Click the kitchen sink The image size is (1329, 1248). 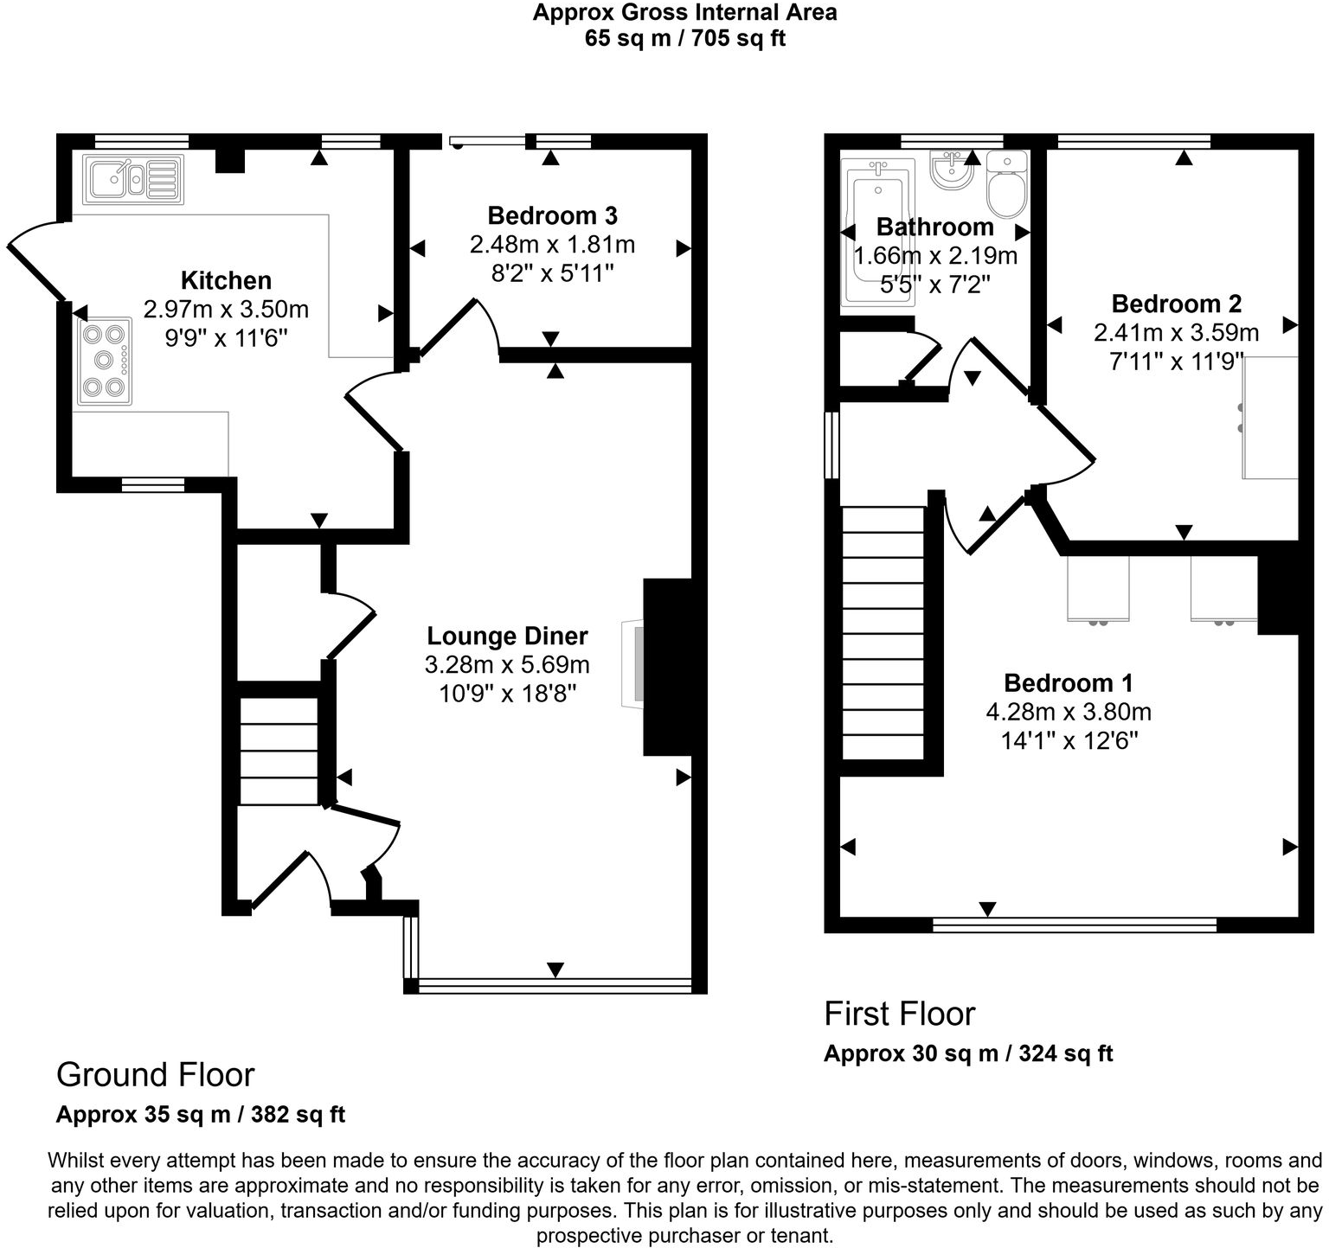(132, 179)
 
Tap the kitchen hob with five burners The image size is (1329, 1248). (105, 362)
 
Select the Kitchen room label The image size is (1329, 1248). (226, 280)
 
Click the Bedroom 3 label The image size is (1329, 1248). (552, 215)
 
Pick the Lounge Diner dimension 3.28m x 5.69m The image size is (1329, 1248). (507, 665)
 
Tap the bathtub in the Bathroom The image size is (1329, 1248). (876, 234)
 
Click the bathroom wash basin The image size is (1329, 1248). (952, 169)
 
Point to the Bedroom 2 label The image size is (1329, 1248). (1176, 304)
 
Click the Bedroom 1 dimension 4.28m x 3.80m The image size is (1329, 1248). (1068, 712)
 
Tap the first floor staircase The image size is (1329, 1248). (883, 632)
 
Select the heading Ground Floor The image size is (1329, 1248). (155, 1074)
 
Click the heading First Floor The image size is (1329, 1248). (899, 1014)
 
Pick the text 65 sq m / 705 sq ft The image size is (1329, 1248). (684, 39)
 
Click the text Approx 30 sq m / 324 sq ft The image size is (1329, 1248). (967, 1053)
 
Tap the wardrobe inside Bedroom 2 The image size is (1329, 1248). (1270, 417)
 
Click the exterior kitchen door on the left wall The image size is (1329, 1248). (35, 259)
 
